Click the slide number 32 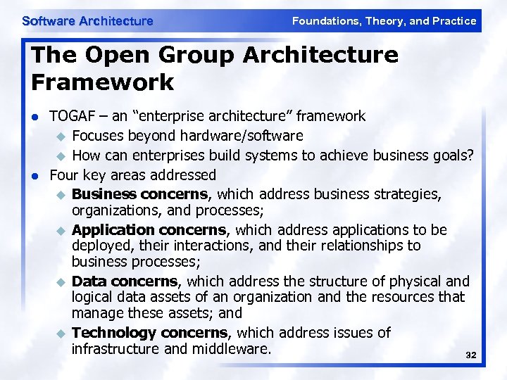click(x=471, y=356)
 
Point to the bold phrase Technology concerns click(x=149, y=332)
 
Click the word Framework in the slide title click(x=102, y=82)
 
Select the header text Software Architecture click(x=87, y=21)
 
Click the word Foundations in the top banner click(x=325, y=21)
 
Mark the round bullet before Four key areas click(x=36, y=175)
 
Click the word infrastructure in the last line click(x=115, y=348)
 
